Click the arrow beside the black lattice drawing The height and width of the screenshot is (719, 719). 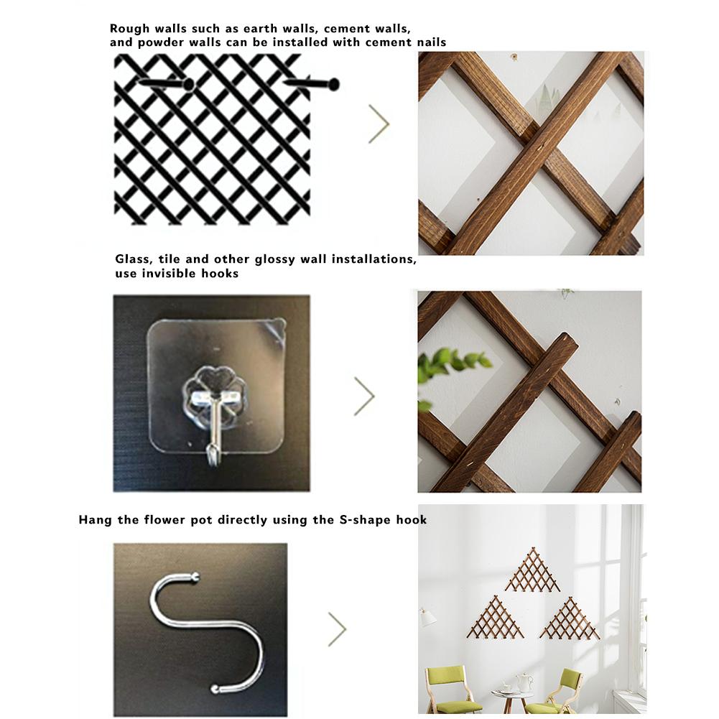(x=379, y=124)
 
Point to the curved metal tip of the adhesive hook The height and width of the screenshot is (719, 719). (x=211, y=453)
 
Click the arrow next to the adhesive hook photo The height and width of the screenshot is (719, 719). (x=365, y=396)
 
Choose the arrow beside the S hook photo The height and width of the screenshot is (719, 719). (x=338, y=629)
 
